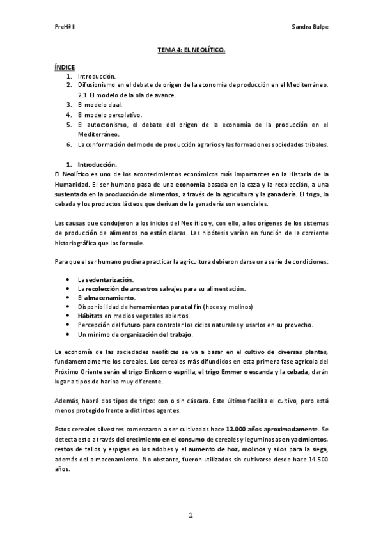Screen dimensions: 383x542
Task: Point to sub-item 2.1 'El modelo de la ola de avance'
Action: (127, 95)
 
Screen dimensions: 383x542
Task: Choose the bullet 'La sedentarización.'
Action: (106, 279)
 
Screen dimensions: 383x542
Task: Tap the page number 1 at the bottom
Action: (191, 515)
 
